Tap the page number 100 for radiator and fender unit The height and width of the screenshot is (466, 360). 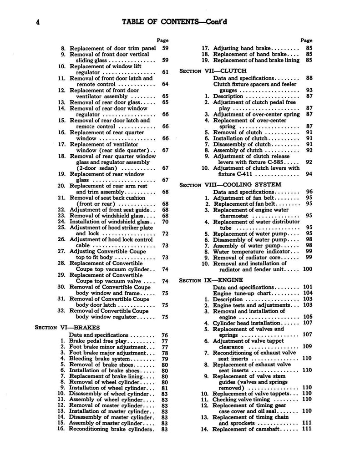308,269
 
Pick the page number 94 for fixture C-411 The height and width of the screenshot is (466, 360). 309,174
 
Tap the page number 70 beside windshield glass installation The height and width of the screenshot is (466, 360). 165,222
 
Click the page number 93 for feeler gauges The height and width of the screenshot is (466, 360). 309,90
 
